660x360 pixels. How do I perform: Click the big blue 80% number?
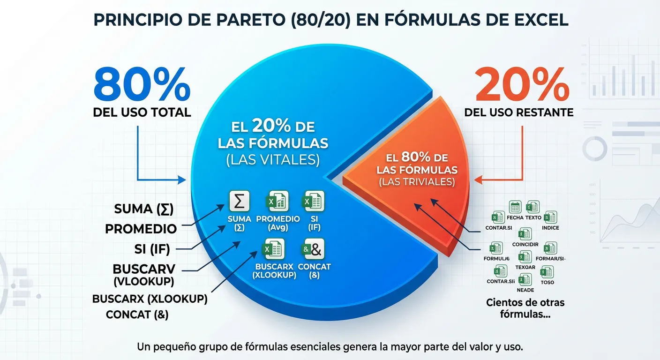point(142,84)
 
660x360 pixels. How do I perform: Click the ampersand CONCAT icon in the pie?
point(314,249)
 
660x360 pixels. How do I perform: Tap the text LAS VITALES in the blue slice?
point(273,160)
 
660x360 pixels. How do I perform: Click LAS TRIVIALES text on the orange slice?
point(417,182)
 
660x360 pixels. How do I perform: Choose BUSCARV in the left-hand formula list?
point(144,269)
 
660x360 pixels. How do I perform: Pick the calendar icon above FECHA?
point(515,207)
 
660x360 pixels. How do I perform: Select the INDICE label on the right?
point(550,228)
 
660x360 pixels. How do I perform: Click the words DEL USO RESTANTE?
point(518,112)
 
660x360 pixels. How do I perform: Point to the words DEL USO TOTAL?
point(142,112)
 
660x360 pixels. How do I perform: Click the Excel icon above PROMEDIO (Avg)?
point(277,202)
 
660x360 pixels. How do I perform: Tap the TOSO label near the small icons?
point(547,282)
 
